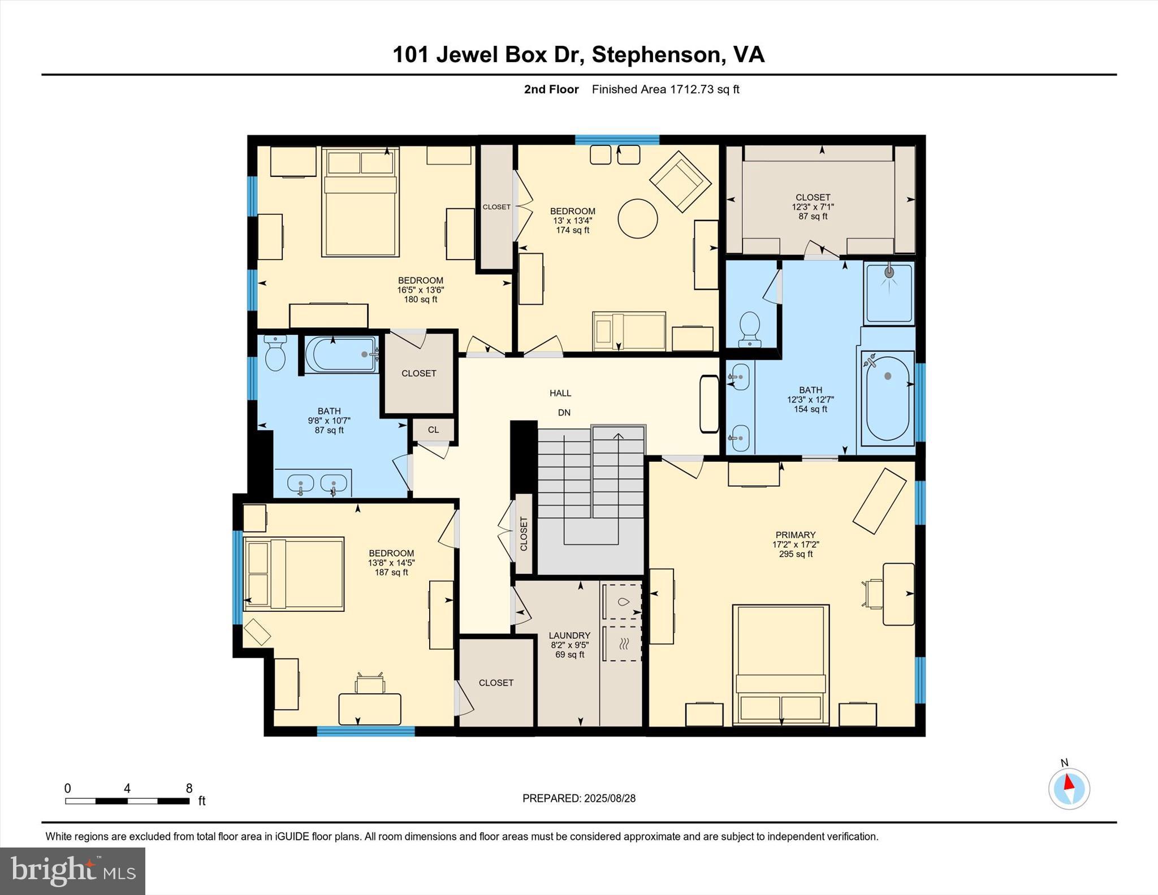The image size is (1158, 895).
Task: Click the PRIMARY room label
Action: (796, 535)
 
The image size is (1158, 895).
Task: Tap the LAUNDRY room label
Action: (569, 635)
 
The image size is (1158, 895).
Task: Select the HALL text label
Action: (560, 393)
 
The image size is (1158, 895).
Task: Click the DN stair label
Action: (564, 413)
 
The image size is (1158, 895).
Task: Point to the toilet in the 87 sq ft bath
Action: (275, 354)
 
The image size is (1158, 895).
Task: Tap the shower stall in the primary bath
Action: (889, 293)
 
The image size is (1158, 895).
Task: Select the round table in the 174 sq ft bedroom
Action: (637, 219)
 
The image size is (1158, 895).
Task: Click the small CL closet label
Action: (433, 430)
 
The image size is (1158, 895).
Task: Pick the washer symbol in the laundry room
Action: (622, 602)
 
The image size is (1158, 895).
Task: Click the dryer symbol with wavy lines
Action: (622, 643)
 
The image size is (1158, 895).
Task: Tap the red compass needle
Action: (1069, 782)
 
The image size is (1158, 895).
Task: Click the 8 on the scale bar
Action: (189, 788)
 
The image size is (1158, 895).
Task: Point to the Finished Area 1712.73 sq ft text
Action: (665, 89)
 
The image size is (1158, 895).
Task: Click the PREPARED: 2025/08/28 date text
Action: (578, 798)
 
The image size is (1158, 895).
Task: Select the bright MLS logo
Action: (72, 871)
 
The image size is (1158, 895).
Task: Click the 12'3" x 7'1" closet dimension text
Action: (813, 207)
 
